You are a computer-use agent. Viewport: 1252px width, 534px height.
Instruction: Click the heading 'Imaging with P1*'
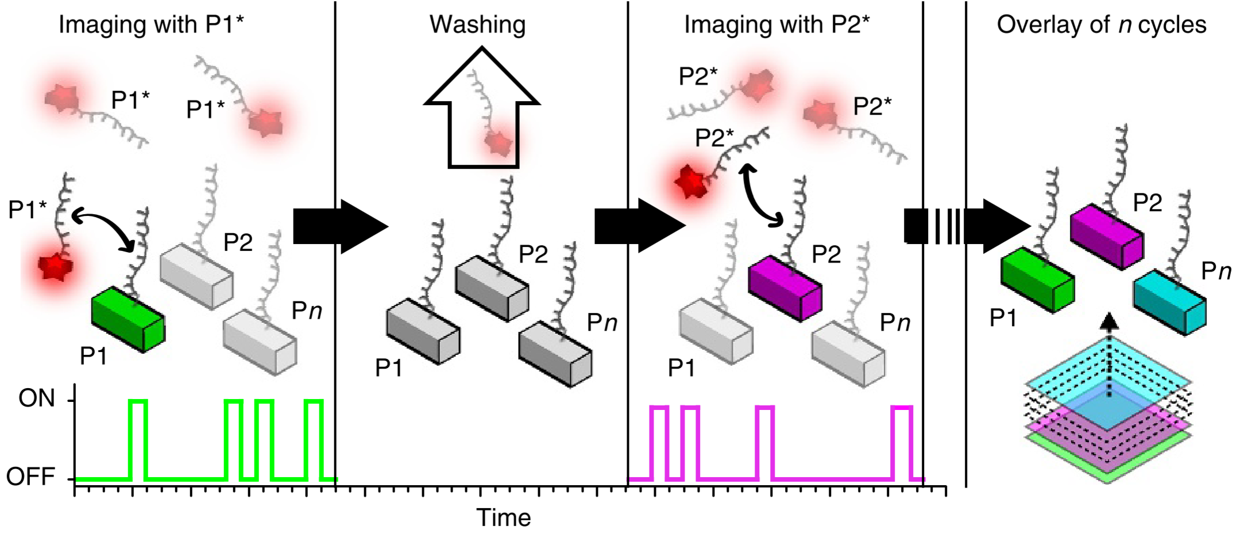(x=152, y=25)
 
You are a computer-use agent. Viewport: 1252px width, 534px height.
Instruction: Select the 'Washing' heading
(x=477, y=25)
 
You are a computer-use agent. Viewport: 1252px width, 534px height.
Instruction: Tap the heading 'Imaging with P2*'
(x=776, y=25)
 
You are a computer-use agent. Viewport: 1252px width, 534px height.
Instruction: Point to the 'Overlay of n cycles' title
(x=1101, y=25)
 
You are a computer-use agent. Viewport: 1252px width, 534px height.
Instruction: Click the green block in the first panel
(x=128, y=319)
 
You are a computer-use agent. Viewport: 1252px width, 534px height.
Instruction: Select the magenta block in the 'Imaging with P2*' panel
(x=785, y=288)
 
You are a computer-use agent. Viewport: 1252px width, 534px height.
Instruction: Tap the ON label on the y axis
(x=37, y=398)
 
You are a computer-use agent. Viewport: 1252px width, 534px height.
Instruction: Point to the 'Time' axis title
(x=504, y=517)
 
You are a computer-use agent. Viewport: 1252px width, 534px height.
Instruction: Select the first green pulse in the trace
(x=138, y=439)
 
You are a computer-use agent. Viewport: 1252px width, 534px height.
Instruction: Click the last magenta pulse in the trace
(x=902, y=442)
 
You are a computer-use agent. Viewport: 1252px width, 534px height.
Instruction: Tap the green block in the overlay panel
(x=1037, y=280)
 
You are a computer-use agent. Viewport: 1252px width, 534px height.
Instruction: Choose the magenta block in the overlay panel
(x=1106, y=236)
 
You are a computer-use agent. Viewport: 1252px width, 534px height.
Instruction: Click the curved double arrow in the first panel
(x=103, y=230)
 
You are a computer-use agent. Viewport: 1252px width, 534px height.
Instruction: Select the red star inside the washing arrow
(x=497, y=142)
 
